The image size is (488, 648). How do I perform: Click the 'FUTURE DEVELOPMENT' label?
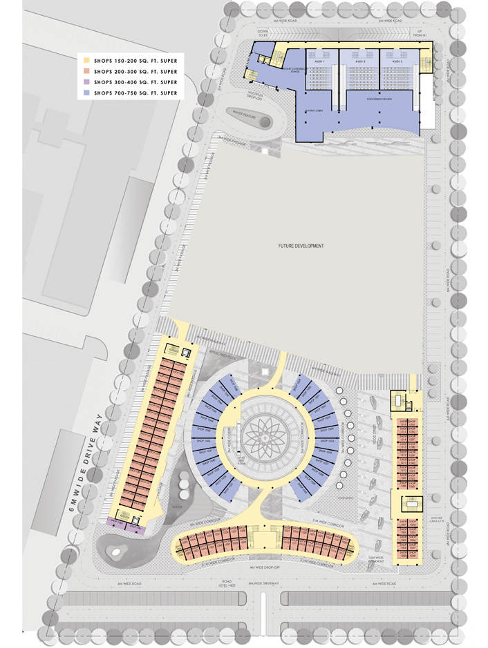(301, 246)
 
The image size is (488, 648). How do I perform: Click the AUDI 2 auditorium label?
(359, 61)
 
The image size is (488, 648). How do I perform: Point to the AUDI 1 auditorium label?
(320, 61)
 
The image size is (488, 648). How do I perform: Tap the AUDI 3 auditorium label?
(397, 61)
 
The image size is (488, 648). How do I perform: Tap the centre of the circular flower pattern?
(268, 437)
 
